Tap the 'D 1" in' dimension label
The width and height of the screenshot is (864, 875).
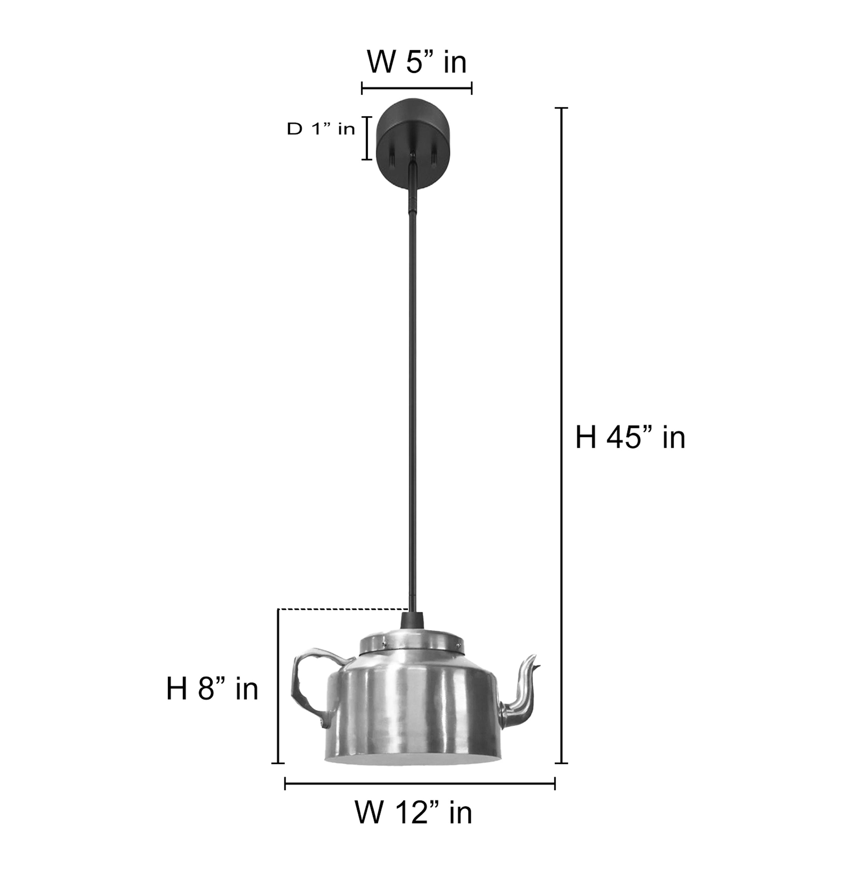(321, 130)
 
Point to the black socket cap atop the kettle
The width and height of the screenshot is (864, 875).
(412, 620)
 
